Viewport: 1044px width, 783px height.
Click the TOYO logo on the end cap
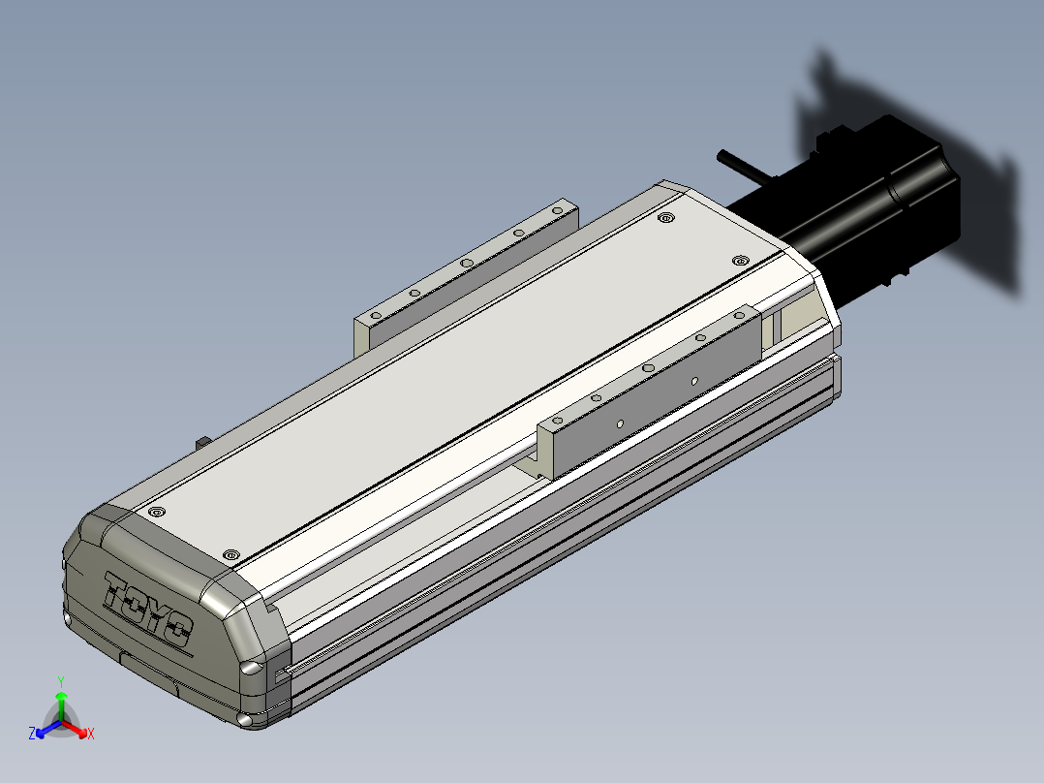[x=148, y=609]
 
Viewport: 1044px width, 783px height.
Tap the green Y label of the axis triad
[x=61, y=681]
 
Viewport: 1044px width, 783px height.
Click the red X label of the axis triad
[x=91, y=734]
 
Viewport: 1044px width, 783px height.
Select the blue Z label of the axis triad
[x=31, y=733]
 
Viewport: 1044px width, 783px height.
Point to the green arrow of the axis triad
[x=61, y=706]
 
